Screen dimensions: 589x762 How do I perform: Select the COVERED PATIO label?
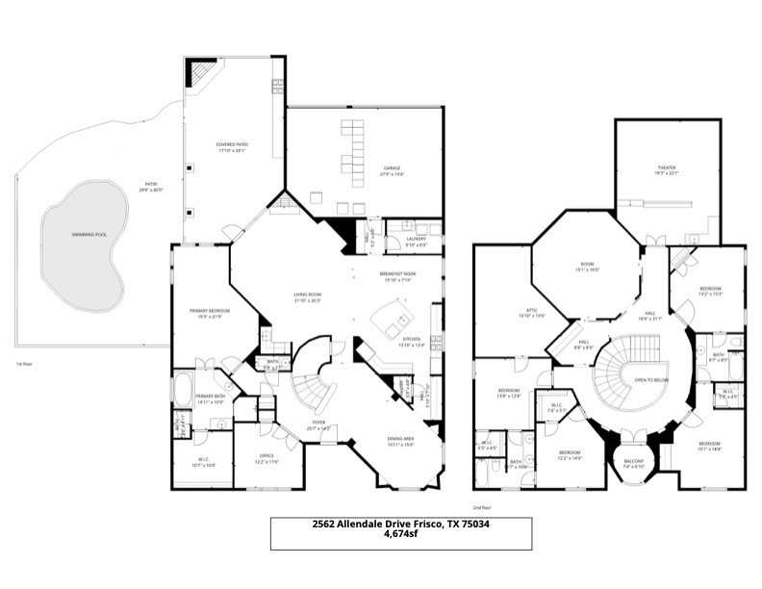(232, 144)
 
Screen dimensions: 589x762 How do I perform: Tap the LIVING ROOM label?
(308, 294)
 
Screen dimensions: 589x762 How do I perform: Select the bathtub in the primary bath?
(182, 390)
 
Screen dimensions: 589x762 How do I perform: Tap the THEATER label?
(667, 167)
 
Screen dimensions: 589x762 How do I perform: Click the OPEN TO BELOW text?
(650, 379)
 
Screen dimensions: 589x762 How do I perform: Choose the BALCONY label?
(632, 462)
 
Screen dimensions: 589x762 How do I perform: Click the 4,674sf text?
(399, 533)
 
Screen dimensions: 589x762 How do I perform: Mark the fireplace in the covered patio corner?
(200, 73)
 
